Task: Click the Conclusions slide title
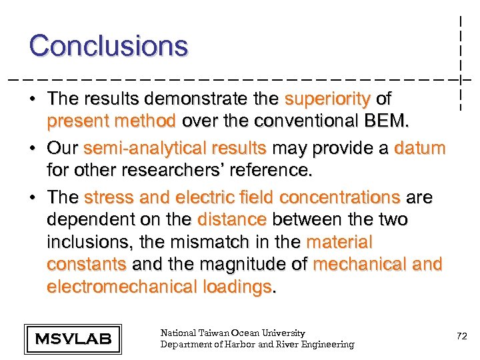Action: coord(109,46)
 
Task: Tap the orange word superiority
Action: coord(327,99)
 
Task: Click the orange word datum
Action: coord(419,147)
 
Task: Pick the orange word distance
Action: coord(232,219)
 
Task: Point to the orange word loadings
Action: coord(239,287)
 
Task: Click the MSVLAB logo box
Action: coord(73,339)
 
